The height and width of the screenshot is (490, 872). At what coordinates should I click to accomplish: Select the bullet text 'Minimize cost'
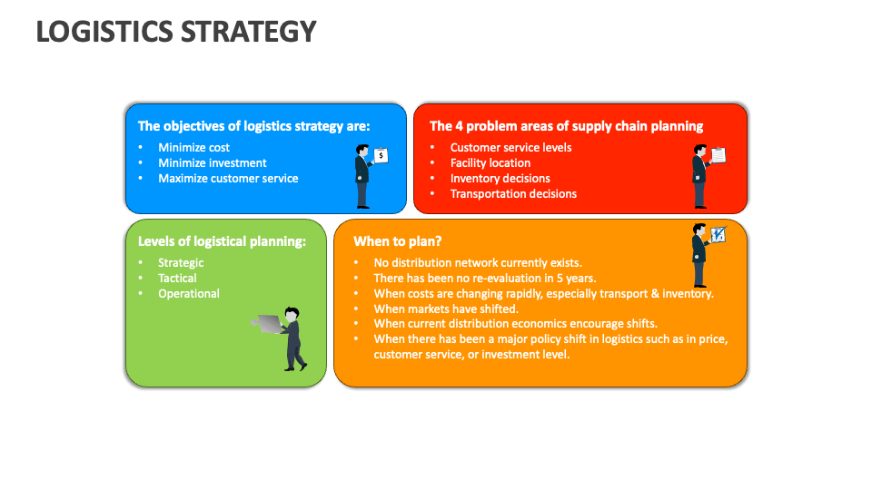[193, 147]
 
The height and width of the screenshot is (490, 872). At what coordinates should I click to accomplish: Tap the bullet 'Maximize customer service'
[228, 178]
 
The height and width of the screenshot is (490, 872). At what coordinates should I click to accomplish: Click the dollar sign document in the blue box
[381, 155]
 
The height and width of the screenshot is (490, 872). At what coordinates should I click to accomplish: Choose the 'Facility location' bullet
[490, 162]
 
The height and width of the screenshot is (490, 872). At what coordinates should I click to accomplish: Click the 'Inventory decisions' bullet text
[500, 178]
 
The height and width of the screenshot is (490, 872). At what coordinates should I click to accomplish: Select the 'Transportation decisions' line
[513, 193]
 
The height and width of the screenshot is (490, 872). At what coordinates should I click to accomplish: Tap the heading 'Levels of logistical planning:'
[222, 241]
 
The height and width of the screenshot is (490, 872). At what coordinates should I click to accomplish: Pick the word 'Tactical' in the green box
[177, 278]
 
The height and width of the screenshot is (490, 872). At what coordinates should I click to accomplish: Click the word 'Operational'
[189, 293]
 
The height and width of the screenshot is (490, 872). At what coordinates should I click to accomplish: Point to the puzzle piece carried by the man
[267, 324]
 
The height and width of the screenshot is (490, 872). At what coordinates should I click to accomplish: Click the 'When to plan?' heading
[398, 241]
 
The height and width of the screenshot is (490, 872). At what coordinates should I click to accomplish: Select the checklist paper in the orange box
[718, 234]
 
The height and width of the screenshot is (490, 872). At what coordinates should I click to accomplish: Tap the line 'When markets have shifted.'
[446, 309]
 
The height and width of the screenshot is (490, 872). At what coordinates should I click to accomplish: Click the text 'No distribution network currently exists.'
[478, 262]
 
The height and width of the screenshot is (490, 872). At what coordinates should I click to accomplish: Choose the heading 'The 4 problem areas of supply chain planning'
[566, 126]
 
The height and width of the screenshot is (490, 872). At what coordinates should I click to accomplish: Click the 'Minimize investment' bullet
[213, 162]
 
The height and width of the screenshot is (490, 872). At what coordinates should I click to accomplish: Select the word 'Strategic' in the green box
[181, 262]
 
